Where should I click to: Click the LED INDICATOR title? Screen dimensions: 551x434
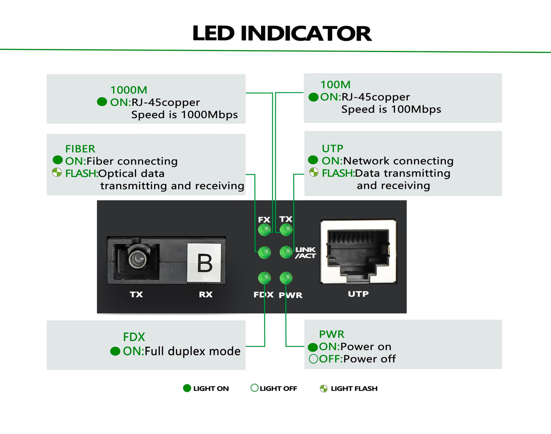[x=282, y=33]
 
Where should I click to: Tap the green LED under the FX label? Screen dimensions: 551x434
[x=265, y=229]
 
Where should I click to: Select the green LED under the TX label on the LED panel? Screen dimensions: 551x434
[x=286, y=229]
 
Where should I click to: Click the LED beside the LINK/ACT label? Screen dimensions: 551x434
[x=286, y=252]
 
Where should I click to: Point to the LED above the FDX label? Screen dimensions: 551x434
[x=265, y=278]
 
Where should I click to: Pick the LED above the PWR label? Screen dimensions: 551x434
[x=286, y=278]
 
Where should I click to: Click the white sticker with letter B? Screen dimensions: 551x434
[x=204, y=263]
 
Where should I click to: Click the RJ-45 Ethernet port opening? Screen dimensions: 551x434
[x=358, y=253]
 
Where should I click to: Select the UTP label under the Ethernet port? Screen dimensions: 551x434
[x=358, y=294]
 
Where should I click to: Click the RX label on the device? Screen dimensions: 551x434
[x=206, y=294]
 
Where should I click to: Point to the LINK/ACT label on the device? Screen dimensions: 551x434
[x=305, y=253]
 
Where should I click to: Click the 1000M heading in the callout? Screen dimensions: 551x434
[x=129, y=90]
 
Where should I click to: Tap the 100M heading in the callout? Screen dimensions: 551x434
[x=336, y=85]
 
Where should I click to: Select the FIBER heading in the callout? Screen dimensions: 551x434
[x=80, y=149]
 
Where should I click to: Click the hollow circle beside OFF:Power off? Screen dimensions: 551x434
[x=313, y=359]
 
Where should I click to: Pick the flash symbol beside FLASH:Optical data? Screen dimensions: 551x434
[x=56, y=172]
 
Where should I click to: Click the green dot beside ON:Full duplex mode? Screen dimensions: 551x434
[x=115, y=351]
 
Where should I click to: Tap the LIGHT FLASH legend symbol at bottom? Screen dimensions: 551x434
[x=324, y=389]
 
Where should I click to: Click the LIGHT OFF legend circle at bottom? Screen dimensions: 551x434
[x=254, y=388]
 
